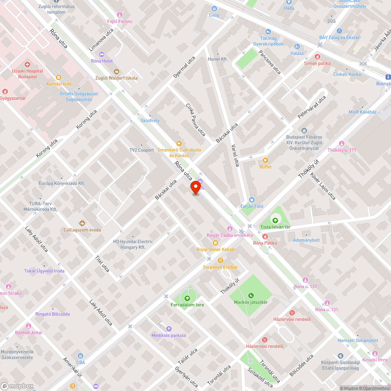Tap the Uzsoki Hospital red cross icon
point(27,64)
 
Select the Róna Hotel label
point(102,61)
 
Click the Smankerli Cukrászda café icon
point(179,143)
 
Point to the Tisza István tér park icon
point(275,221)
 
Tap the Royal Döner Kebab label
point(215,249)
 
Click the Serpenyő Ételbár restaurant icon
point(220,260)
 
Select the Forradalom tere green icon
point(187,298)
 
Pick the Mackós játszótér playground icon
point(251,296)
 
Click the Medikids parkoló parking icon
point(169,329)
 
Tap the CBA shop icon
point(81,356)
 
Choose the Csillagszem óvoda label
point(82,230)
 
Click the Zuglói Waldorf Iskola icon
point(117,72)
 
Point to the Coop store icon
point(214,9)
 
